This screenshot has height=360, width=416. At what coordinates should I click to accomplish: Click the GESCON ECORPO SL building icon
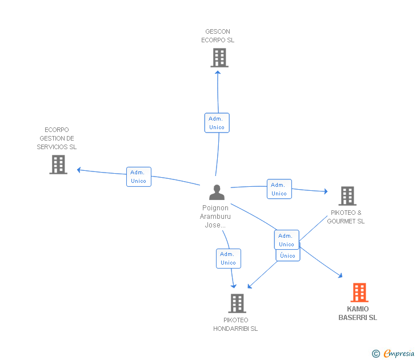click(x=219, y=58)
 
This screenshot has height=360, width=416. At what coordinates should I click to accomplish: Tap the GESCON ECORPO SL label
click(x=218, y=36)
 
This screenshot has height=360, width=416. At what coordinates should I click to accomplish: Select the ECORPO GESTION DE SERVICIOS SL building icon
click(x=58, y=165)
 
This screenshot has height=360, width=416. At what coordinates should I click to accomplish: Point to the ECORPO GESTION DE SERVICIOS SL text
click(x=57, y=138)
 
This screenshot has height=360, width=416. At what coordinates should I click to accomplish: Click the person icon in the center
click(x=217, y=192)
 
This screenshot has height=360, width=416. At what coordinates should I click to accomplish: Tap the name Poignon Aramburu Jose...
click(x=215, y=217)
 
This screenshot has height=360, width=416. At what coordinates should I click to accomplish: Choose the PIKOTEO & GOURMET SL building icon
click(x=347, y=196)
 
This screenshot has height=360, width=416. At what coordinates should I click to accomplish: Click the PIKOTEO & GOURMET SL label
click(x=346, y=217)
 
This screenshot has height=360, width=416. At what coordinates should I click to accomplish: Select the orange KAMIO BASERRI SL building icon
click(x=359, y=293)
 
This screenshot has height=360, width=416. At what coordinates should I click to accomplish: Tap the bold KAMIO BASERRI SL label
click(x=358, y=313)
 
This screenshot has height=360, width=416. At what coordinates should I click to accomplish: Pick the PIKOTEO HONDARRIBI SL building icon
click(x=237, y=303)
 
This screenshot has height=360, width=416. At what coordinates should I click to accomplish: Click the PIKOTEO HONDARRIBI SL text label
click(x=235, y=325)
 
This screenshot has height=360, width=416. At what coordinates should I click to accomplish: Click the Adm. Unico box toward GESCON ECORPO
click(x=217, y=123)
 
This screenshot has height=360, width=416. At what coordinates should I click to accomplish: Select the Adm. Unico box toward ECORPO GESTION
click(x=138, y=177)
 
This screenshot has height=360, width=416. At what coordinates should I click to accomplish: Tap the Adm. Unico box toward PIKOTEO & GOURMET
click(x=279, y=189)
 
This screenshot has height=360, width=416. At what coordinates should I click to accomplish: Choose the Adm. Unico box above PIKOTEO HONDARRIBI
click(x=228, y=258)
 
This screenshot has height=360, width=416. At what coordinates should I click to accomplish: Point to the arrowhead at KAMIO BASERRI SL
click(x=340, y=275)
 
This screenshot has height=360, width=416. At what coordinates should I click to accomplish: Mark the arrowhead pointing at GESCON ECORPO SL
click(x=218, y=73)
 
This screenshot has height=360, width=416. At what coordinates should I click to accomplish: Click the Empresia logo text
click(x=399, y=354)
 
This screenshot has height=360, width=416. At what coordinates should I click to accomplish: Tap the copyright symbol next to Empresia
click(x=376, y=354)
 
